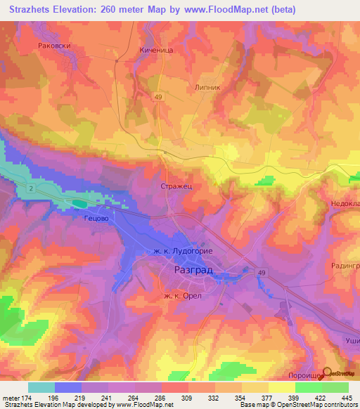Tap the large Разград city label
pyautogui.click(x=192, y=270)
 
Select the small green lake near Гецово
pyautogui.click(x=79, y=204)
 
